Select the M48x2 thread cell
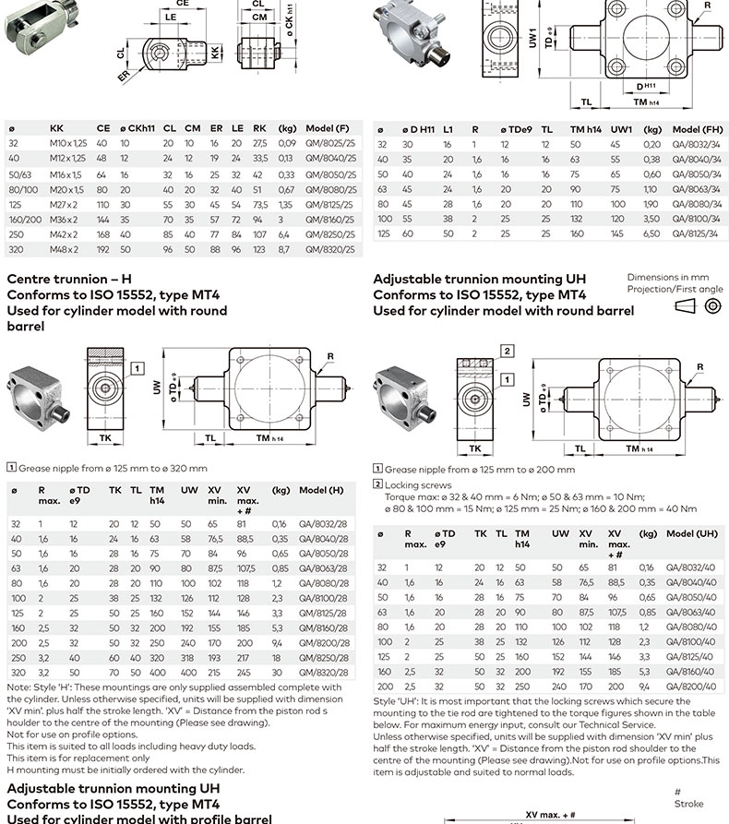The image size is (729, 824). (65, 250)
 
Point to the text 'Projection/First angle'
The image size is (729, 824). (675, 289)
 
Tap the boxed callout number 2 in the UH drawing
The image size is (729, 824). (507, 351)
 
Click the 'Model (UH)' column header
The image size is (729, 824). (692, 533)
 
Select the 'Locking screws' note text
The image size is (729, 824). (418, 484)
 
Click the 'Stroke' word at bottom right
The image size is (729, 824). (688, 804)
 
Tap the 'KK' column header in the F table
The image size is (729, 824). (56, 129)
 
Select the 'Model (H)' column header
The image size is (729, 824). (321, 490)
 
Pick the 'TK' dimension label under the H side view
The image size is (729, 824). (105, 436)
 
